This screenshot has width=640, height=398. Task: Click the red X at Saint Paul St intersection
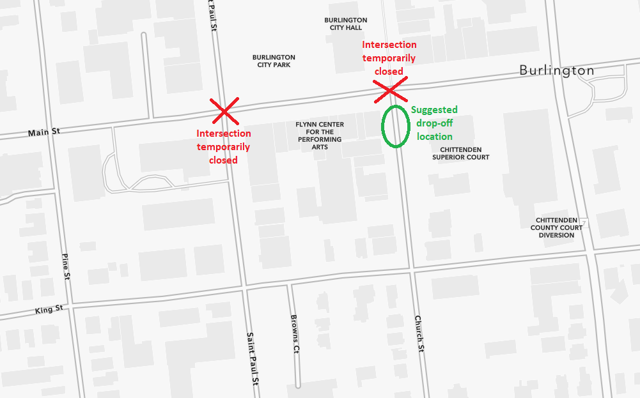224,111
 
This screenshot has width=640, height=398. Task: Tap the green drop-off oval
395,126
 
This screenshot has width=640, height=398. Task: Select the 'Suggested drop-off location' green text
434,123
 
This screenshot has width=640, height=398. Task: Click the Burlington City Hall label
345,24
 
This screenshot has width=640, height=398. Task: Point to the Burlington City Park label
274,61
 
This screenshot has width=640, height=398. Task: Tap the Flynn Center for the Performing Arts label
319,135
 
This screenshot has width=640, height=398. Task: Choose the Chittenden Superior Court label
460,153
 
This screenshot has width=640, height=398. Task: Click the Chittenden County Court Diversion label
556,227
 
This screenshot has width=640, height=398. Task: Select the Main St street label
44,132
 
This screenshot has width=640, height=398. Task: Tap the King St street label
49,310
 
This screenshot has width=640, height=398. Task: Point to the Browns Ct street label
295,334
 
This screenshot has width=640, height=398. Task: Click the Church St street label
419,333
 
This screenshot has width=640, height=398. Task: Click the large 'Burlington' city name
556,70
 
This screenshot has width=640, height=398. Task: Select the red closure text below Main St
223,146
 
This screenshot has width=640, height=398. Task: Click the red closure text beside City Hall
389,58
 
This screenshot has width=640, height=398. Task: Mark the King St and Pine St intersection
71,304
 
